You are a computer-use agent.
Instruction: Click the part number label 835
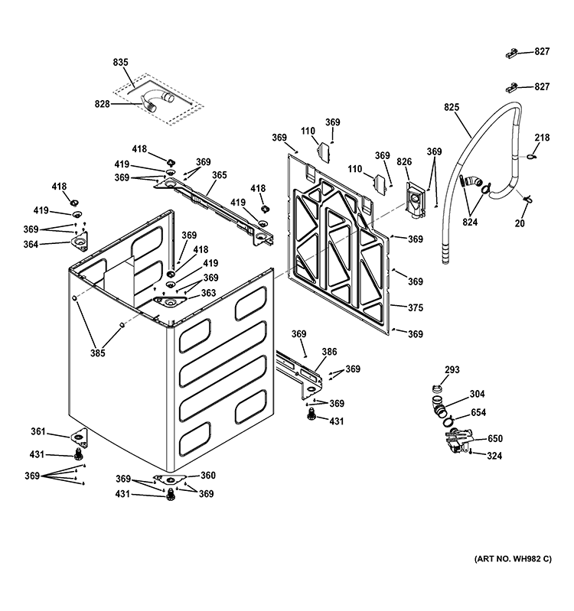121,62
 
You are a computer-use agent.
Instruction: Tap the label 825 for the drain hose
452,108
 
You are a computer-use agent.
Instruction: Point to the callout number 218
542,138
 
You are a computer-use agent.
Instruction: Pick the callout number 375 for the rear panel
415,308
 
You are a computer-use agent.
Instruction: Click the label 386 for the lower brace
328,353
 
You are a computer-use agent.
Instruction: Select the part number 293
452,370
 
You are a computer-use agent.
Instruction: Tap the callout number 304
477,395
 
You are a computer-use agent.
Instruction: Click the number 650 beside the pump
495,439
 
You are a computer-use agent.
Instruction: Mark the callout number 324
495,456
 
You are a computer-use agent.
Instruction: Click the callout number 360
207,475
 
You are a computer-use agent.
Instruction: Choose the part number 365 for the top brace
219,175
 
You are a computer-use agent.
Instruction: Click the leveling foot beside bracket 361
78,455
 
